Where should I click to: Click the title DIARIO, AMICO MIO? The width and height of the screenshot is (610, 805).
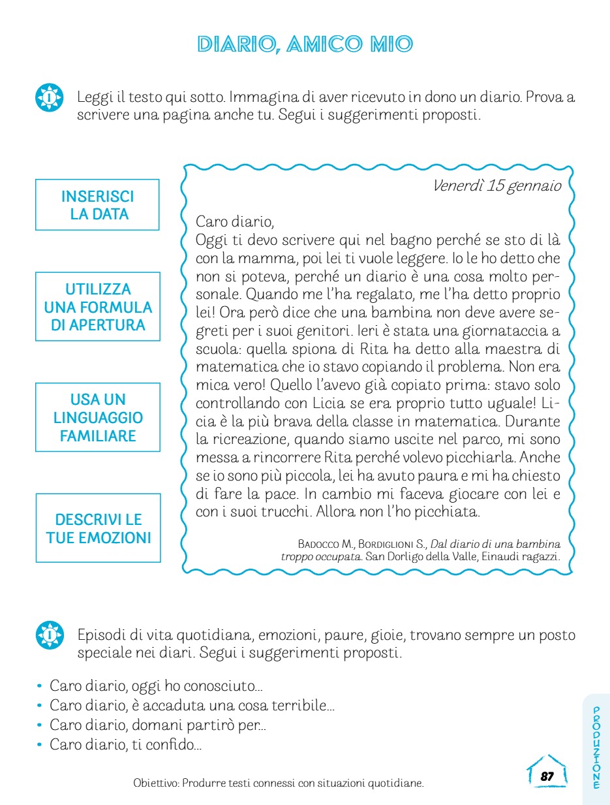click(x=305, y=44)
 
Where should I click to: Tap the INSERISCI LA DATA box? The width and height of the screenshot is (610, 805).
click(x=97, y=205)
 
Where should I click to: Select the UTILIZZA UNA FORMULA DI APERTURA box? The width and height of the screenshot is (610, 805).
click(x=98, y=307)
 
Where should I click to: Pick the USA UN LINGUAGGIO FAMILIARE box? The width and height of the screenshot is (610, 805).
click(x=98, y=417)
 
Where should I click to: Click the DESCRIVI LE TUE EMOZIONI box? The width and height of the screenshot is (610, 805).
click(x=98, y=528)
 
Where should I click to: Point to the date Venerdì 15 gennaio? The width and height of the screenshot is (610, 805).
click(x=496, y=186)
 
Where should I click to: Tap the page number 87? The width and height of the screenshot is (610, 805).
click(x=547, y=776)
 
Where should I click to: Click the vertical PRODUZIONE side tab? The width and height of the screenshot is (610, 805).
click(x=596, y=748)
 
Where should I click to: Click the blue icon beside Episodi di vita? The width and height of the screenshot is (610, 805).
click(x=50, y=635)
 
